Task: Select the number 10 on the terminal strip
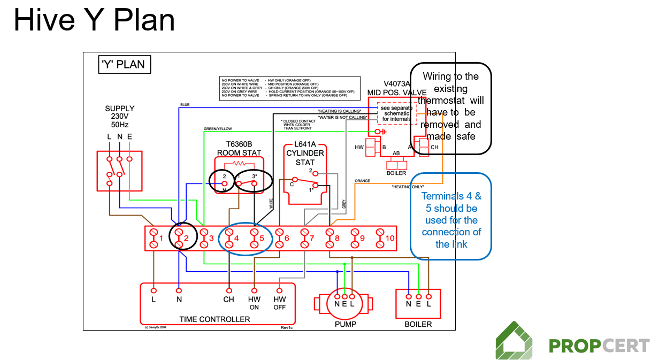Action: coord(390,238)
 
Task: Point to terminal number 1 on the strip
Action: coord(160,238)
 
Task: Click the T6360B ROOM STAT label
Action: coord(239,149)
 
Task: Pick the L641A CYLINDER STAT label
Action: coord(305,153)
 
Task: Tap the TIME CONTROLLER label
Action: coord(214,319)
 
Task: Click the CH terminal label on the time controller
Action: coord(228,300)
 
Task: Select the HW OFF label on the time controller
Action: coord(280,303)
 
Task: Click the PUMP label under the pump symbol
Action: coord(345,324)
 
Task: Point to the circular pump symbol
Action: coord(345,301)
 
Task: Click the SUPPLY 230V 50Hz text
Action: coord(120,117)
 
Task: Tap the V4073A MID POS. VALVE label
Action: coord(396,88)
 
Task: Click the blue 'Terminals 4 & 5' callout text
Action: coord(451,220)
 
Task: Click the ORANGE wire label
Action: coord(362,181)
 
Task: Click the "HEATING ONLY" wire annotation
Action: coord(408,187)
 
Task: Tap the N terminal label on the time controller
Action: coord(179,300)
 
